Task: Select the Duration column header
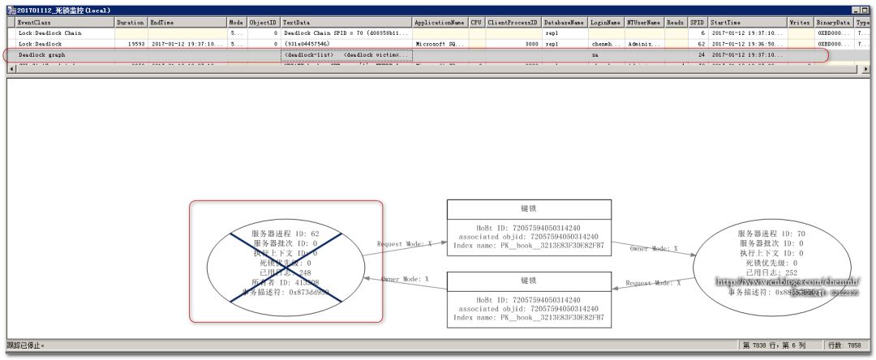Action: pos(130,24)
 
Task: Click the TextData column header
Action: pos(296,24)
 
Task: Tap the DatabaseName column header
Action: pos(564,24)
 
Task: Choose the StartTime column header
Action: pos(725,24)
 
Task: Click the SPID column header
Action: pos(697,24)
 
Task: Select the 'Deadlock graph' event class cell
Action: pos(42,54)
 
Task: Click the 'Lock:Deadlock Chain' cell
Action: pos(50,33)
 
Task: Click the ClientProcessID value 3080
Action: pos(531,44)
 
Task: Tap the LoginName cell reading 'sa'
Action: pos(595,54)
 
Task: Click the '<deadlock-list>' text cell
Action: pos(309,54)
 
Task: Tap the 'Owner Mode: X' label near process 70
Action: pos(654,248)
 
